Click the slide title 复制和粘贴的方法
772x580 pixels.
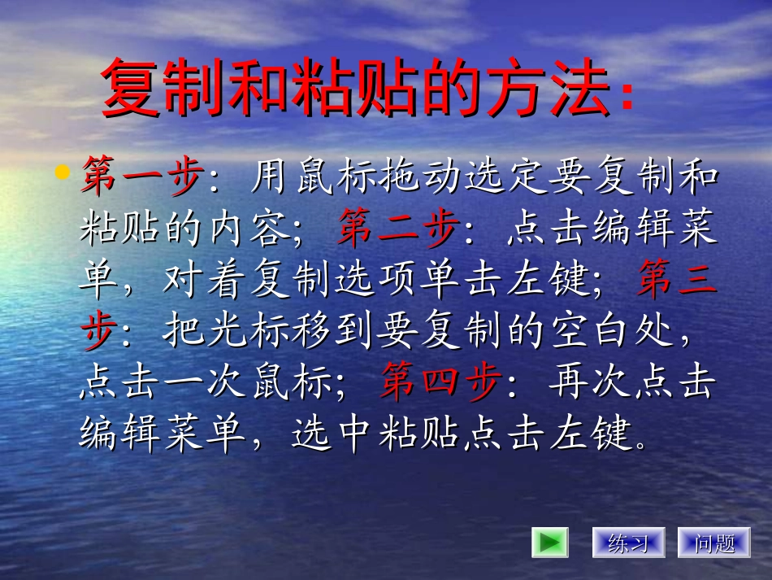(x=358, y=89)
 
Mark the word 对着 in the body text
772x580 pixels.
(x=208, y=281)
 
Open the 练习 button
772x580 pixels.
(x=628, y=543)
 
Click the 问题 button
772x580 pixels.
(x=714, y=543)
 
